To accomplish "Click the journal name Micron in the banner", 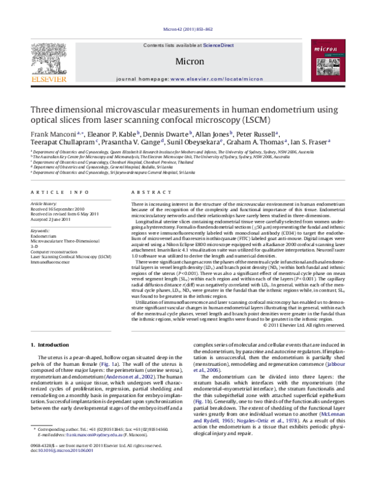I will pos(185,60).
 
